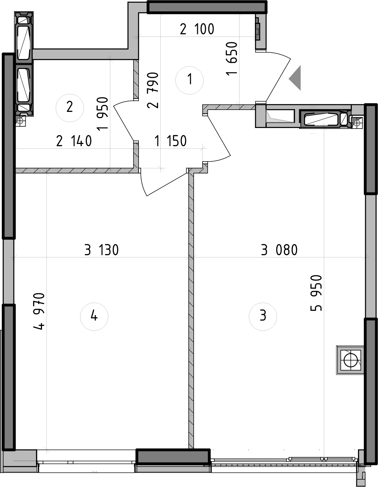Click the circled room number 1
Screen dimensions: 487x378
tap(189, 80)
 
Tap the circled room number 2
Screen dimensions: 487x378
tap(70, 107)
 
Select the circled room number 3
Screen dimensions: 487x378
tap(263, 316)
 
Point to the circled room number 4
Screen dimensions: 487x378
tap(94, 316)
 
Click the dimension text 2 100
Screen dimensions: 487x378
tap(197, 29)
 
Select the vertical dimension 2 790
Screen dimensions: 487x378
tap(153, 90)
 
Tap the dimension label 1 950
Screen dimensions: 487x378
tap(103, 113)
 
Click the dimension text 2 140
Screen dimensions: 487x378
tap(74, 141)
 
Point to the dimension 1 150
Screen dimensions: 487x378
tap(170, 141)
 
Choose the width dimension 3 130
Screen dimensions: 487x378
tap(101, 250)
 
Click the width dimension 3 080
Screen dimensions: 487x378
tap(279, 250)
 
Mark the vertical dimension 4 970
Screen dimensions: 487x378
tap(39, 311)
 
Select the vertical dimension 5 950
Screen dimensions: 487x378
tap(316, 293)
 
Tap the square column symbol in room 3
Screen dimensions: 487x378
tap(350, 360)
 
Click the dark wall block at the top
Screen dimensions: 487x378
tap(207, 7)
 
